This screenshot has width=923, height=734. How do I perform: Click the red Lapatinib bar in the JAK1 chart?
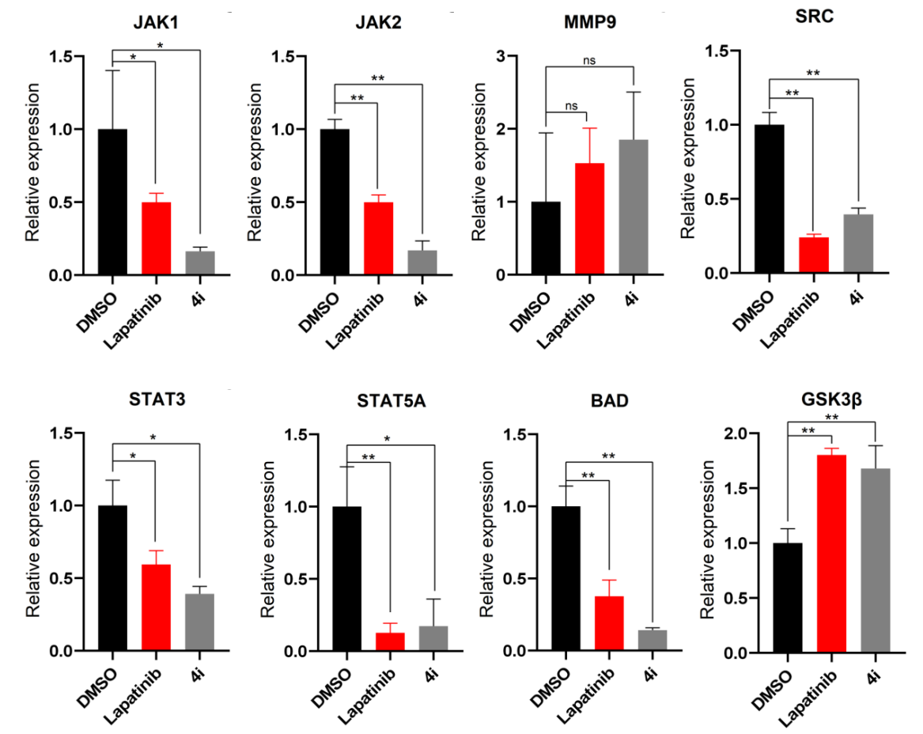(x=156, y=238)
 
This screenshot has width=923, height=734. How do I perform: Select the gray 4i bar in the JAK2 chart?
(x=422, y=263)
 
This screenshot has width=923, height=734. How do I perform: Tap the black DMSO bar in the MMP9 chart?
(x=546, y=238)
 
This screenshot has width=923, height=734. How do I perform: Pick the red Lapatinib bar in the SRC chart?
(x=814, y=255)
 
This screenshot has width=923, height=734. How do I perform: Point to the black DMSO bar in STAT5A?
(x=346, y=579)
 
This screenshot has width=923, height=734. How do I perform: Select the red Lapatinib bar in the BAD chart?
(x=609, y=623)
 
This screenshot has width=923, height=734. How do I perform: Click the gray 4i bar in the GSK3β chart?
(x=876, y=560)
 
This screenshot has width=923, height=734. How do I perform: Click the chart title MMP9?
(x=590, y=22)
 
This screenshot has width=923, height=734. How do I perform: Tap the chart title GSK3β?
(x=831, y=400)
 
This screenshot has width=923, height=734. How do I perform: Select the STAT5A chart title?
(x=391, y=401)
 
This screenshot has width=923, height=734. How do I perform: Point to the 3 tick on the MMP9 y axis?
(x=501, y=56)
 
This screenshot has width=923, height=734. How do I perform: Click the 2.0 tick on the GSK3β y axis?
(x=735, y=433)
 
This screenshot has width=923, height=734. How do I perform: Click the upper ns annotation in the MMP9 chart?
(x=589, y=60)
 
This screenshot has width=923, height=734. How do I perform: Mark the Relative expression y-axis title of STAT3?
(x=33, y=539)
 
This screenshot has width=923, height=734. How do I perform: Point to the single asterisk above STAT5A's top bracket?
(x=388, y=439)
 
